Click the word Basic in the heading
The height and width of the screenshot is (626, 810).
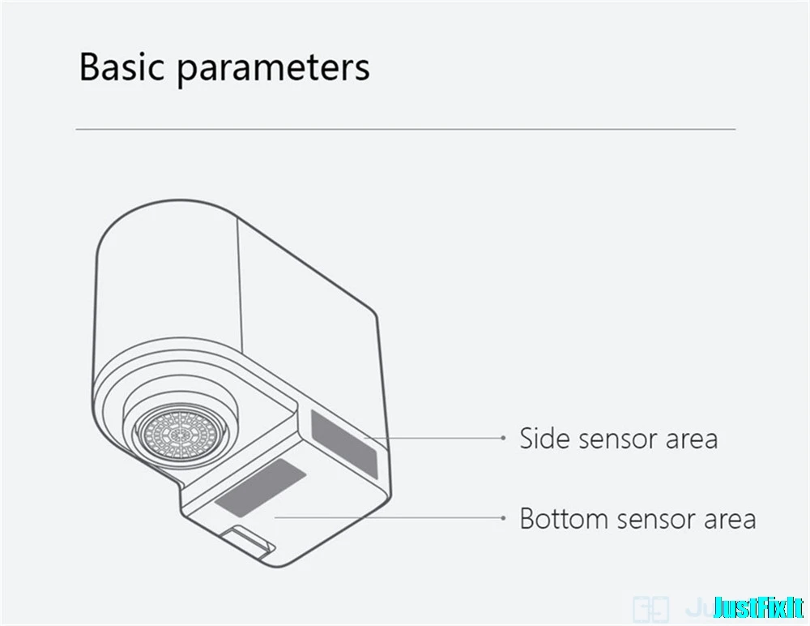(x=122, y=68)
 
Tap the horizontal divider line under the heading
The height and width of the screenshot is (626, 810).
(x=405, y=129)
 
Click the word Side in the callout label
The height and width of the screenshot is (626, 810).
(x=542, y=439)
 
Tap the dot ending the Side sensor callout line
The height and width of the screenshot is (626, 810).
(x=503, y=438)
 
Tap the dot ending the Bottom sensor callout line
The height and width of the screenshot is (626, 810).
(x=503, y=517)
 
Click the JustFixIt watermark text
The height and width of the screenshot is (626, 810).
(x=758, y=606)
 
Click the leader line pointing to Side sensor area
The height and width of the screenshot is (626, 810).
(x=437, y=438)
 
